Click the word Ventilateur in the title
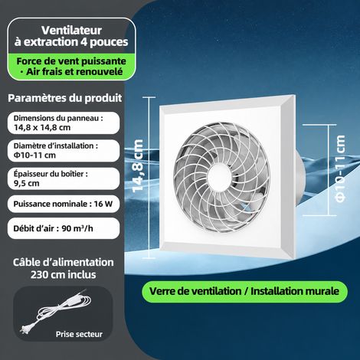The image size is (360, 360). tap(71, 31)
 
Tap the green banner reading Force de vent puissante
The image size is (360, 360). tap(71, 67)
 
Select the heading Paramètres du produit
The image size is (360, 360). tap(65, 98)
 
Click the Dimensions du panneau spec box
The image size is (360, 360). tap(64, 123)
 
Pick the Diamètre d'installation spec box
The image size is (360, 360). tap(64, 151)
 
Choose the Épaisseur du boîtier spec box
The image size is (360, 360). tap(64, 178)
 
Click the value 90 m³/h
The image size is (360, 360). tap(77, 228)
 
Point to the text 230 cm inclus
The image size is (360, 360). tap(64, 275)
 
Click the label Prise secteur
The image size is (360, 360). tap(79, 334)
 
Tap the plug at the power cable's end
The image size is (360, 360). tap(25, 329)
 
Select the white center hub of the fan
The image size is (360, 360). tap(220, 177)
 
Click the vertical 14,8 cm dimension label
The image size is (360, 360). tap(138, 165)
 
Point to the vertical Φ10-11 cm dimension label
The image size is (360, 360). tap(340, 169)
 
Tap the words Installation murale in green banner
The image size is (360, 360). tap(295, 291)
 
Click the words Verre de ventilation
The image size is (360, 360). tap(195, 291)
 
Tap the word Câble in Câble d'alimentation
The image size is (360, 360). tap(26, 262)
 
